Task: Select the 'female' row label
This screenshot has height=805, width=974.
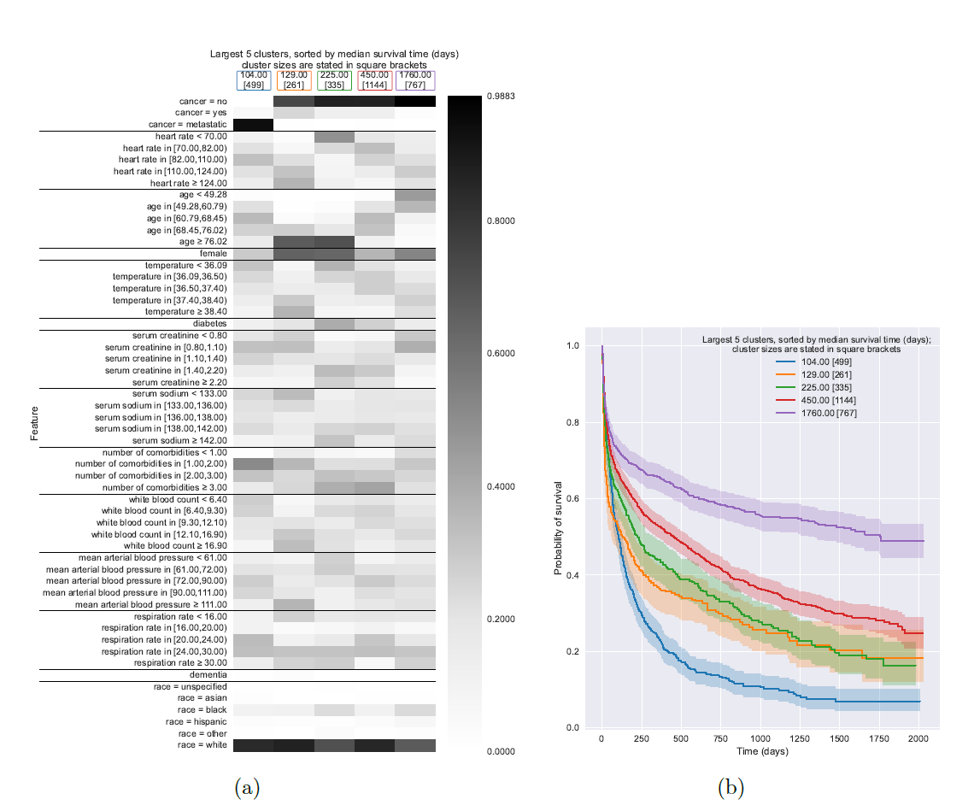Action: point(213,254)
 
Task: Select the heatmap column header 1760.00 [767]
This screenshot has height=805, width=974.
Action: point(415,79)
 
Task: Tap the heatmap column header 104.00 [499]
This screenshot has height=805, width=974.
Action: point(254,79)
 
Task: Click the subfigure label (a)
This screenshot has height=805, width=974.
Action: point(246,788)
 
